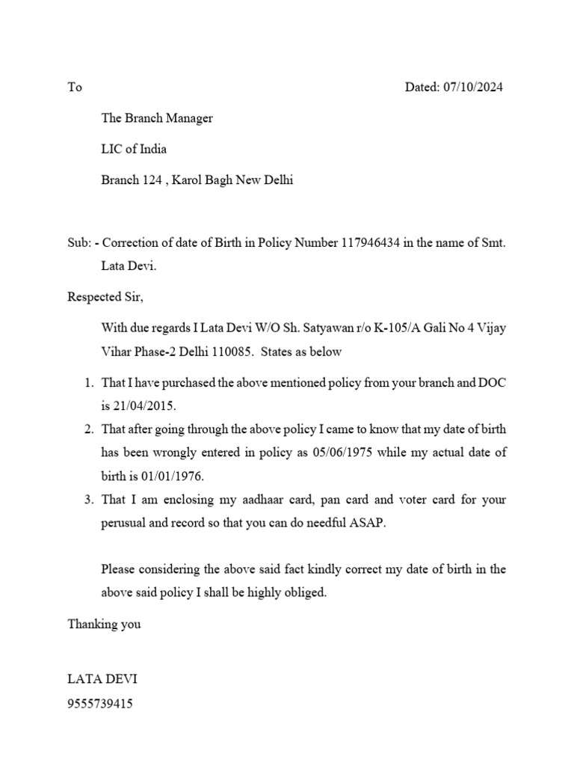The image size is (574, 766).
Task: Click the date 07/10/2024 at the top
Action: tap(473, 87)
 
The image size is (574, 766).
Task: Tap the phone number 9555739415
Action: tap(100, 703)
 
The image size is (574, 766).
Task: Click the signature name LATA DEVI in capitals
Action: tap(102, 679)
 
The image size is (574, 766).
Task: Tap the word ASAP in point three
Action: tap(371, 523)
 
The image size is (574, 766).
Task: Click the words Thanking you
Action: tap(104, 623)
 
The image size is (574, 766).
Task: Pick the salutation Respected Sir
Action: tap(105, 297)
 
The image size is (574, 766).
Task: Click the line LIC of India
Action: tap(134, 149)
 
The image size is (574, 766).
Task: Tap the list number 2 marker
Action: tap(88, 429)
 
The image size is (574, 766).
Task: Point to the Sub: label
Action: tap(79, 242)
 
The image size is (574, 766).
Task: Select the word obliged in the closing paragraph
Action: tap(307, 592)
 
